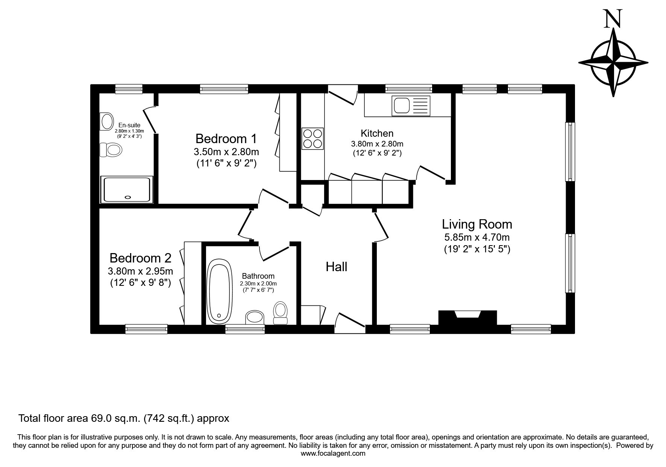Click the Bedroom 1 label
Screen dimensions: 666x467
(x=226, y=139)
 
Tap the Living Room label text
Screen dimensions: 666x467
(x=477, y=224)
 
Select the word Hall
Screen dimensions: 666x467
(x=336, y=267)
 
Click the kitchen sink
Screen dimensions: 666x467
(x=411, y=105)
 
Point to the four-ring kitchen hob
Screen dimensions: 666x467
(x=313, y=139)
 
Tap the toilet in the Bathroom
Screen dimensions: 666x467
(x=280, y=313)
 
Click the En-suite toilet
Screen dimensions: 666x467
(x=111, y=150)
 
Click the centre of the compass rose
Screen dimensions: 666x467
(x=613, y=62)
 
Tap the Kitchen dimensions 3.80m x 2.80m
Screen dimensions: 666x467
(x=377, y=144)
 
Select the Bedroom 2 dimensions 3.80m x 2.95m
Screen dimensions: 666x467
(x=140, y=271)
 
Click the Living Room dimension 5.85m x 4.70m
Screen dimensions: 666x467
(x=477, y=238)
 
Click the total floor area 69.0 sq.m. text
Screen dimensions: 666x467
(x=124, y=418)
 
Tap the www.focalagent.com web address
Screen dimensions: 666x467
(x=333, y=453)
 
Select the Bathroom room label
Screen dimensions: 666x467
(x=258, y=276)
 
